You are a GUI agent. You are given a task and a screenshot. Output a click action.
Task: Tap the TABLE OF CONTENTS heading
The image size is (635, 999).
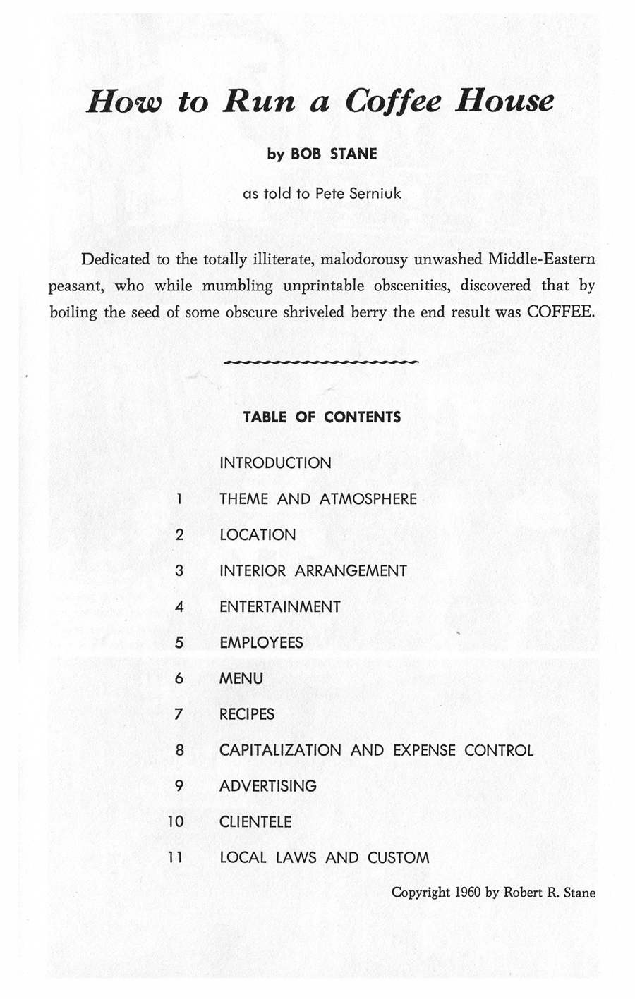point(321,417)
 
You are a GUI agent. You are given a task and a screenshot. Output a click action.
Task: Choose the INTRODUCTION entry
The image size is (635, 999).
point(275,463)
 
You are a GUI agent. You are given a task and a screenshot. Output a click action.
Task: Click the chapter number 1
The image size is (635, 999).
point(180,499)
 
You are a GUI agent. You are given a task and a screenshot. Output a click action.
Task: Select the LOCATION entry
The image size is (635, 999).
point(258,535)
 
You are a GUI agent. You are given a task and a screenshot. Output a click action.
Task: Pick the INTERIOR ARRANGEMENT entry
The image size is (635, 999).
point(313,571)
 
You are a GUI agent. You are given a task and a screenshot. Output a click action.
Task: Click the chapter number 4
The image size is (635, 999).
point(179,607)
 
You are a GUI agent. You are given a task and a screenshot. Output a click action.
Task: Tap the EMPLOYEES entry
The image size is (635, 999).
point(261,643)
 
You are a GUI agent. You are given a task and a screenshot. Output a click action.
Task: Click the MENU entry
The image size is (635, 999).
point(241,679)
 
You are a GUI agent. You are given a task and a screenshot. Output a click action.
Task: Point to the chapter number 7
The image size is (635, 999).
point(179,715)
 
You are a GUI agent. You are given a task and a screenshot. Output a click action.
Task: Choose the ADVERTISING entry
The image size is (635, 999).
point(268,786)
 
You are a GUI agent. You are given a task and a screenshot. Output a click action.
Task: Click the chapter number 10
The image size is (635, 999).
point(176,822)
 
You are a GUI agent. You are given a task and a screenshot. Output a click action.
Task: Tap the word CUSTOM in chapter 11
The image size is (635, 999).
point(398,858)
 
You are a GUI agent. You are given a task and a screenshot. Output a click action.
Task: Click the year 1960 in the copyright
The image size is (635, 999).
point(467,893)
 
